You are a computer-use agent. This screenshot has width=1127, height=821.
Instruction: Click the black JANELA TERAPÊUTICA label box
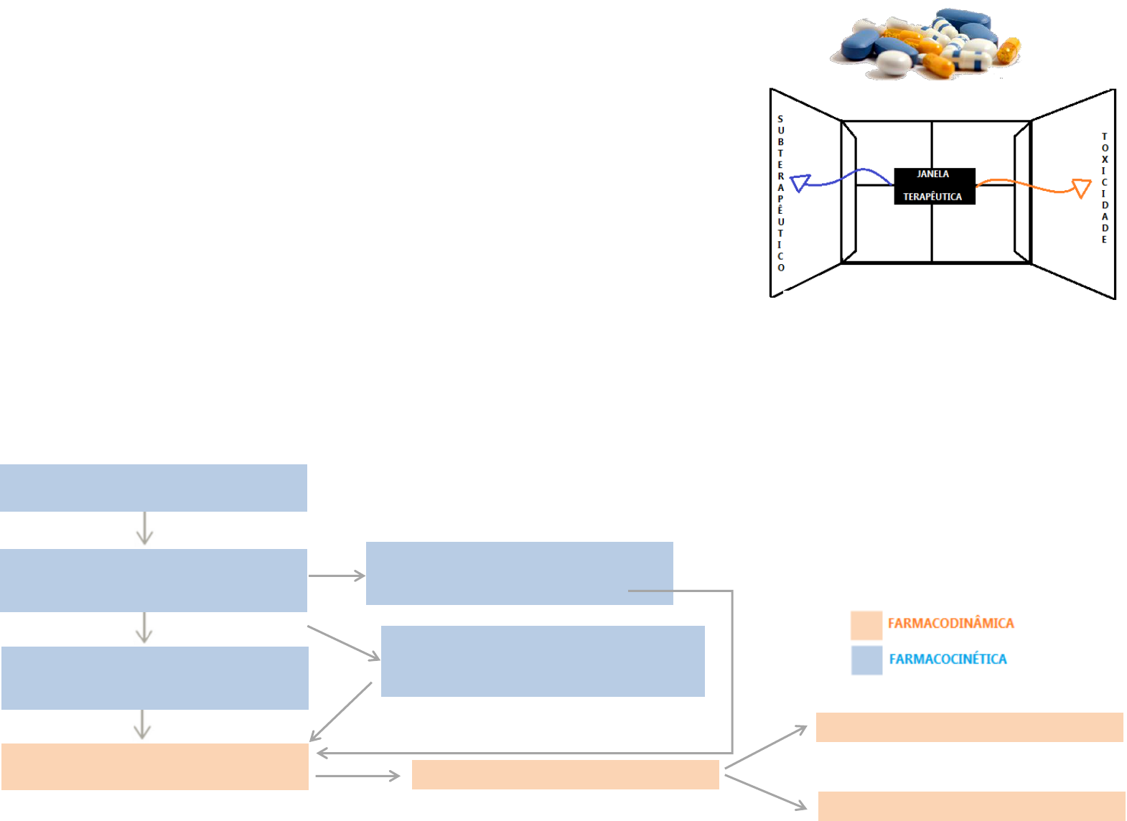click(934, 186)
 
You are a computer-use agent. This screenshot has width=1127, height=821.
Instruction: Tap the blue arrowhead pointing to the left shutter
click(800, 182)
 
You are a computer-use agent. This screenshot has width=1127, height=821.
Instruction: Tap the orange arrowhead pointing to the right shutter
click(1081, 188)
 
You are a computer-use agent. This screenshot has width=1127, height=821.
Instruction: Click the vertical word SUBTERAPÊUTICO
click(781, 193)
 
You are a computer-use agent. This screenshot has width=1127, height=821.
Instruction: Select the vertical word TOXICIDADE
click(1105, 188)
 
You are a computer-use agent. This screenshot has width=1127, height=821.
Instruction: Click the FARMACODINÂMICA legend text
click(950, 623)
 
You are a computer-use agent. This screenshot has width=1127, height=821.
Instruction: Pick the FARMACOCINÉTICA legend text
click(948, 659)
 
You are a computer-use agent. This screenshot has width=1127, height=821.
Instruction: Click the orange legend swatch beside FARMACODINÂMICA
click(866, 625)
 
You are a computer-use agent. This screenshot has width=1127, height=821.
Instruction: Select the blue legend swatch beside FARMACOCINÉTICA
click(866, 660)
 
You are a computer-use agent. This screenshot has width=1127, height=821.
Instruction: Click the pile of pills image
click(926, 43)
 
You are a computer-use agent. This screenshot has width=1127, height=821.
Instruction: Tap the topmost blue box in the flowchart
click(154, 488)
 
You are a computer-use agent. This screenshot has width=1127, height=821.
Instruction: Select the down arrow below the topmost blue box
click(145, 529)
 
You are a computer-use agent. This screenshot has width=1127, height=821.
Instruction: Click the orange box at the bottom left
click(155, 766)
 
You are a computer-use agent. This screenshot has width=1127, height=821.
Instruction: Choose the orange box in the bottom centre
click(565, 774)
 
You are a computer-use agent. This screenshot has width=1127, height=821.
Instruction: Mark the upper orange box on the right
click(969, 727)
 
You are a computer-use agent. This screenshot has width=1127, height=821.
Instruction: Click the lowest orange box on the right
click(971, 806)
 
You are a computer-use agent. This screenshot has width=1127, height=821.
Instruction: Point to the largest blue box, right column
click(543, 661)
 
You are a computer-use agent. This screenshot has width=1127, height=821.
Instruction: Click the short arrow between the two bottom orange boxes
click(357, 776)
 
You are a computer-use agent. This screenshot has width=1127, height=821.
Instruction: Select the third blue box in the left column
click(155, 678)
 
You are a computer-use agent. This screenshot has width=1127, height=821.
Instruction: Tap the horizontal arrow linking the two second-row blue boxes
click(337, 576)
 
